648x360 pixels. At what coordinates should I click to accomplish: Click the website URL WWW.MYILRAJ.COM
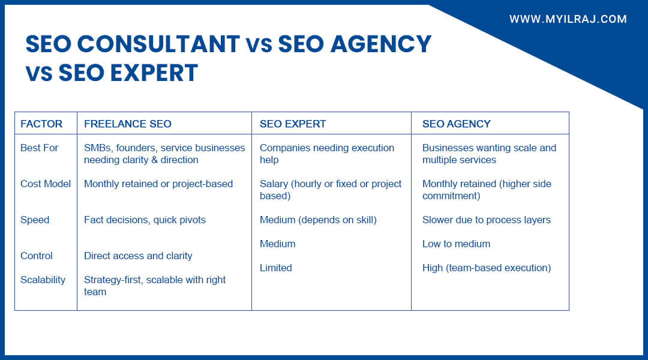[x=568, y=19]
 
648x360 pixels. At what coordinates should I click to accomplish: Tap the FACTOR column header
[x=41, y=124]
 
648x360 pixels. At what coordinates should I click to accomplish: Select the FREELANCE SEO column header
[x=127, y=124]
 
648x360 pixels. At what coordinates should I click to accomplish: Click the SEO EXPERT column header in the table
[x=292, y=124]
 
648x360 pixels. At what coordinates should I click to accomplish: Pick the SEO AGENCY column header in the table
[x=456, y=124]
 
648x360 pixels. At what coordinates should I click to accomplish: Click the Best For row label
[x=39, y=148]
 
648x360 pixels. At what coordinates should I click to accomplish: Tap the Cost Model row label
[x=46, y=184]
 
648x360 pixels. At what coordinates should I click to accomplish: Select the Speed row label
[x=35, y=220]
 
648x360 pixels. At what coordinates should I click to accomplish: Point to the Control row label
[x=37, y=256]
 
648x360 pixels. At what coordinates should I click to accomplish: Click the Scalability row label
[x=43, y=280]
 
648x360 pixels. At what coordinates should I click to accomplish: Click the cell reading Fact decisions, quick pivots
[x=145, y=220]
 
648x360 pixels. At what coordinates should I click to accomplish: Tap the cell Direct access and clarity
[x=138, y=256]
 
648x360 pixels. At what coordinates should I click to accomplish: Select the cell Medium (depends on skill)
[x=318, y=220]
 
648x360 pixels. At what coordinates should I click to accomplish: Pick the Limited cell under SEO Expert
[x=275, y=268]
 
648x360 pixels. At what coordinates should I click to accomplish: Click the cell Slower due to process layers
[x=486, y=220]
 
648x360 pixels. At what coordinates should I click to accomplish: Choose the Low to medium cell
[x=456, y=244]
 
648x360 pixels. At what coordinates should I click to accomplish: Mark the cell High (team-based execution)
[x=486, y=268]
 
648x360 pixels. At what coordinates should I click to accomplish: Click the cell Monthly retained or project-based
[x=158, y=184]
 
